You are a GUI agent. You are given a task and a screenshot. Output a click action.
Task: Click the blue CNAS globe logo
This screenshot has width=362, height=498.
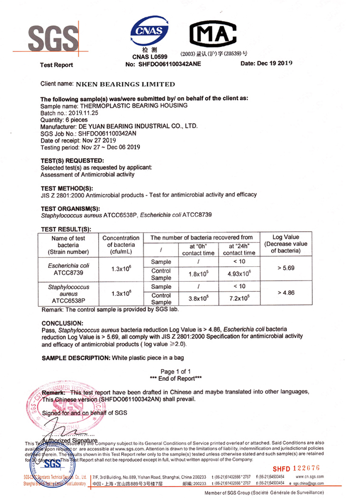150,31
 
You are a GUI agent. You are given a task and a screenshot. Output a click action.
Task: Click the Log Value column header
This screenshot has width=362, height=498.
286,244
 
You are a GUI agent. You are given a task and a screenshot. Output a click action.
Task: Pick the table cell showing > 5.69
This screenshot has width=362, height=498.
286,268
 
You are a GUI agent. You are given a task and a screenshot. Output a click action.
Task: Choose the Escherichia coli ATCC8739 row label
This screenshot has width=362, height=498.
69,269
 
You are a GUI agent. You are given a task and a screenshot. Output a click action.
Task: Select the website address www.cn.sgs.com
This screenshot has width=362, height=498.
310,477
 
